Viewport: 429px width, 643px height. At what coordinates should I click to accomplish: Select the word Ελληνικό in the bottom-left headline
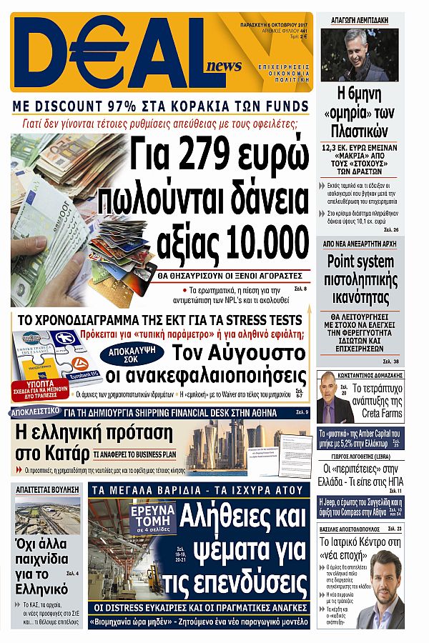41,589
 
